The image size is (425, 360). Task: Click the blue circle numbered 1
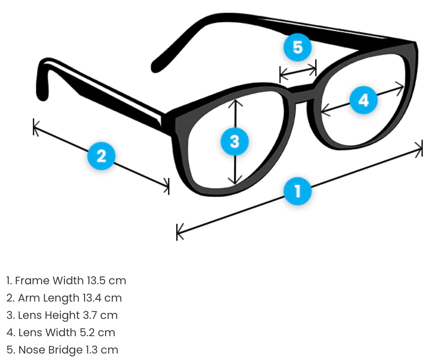[298, 191]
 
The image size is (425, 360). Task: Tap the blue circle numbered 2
[101, 157]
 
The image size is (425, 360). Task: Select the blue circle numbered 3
[235, 141]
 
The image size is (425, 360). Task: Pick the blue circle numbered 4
[363, 100]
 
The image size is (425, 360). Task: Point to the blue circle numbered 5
[297, 47]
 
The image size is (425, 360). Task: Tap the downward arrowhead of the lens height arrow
[235, 180]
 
